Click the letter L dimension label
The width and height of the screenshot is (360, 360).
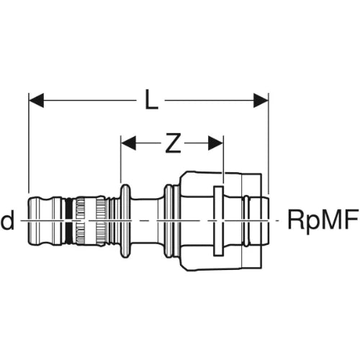tap(152, 100)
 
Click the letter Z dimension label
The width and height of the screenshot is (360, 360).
tap(173, 143)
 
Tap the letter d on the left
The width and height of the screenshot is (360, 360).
tap(8, 222)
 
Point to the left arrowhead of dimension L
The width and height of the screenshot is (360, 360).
tap(36, 100)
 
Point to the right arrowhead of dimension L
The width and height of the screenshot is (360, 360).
tap(261, 100)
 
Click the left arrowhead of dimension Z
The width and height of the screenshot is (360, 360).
tap(128, 143)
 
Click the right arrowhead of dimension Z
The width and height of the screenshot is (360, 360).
tap(216, 143)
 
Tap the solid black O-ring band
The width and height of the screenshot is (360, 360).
tap(68, 220)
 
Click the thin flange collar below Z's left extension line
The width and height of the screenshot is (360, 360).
tap(125, 220)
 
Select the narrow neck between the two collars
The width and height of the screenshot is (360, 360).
tap(148, 220)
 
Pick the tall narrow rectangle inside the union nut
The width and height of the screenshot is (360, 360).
tap(219, 220)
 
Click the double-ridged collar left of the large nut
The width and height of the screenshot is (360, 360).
tap(171, 220)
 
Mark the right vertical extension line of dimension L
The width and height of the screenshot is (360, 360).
tap(269, 143)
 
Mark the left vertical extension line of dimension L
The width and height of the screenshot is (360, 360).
tap(29, 143)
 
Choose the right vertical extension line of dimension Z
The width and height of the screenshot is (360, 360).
tap(223, 159)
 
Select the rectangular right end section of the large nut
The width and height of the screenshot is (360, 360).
tap(252, 220)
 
